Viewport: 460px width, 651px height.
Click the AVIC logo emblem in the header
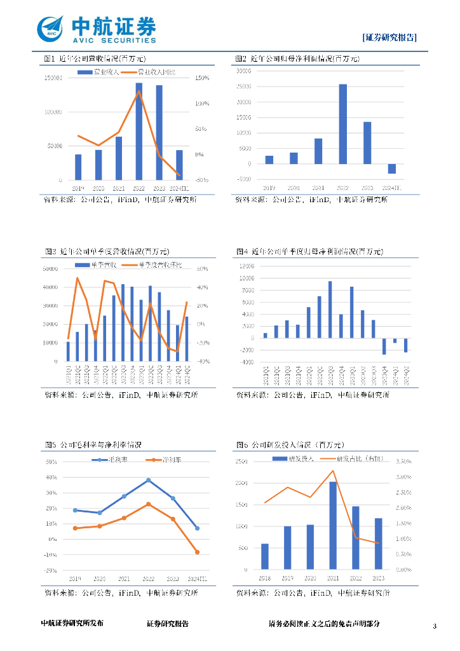point(51,29)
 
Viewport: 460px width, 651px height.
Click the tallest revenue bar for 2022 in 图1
point(139,132)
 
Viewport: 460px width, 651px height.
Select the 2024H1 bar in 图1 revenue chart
point(179,165)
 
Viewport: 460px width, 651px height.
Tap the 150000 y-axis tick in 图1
point(52,78)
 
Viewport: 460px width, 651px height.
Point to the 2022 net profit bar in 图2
point(342,124)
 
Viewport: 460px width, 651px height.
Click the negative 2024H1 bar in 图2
point(392,168)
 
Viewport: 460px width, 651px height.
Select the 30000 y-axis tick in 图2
point(244,71)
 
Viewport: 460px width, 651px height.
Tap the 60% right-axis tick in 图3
point(203,269)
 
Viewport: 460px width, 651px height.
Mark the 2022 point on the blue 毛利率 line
point(148,480)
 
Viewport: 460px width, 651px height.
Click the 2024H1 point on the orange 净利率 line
point(197,552)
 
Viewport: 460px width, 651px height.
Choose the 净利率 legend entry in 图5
point(165,460)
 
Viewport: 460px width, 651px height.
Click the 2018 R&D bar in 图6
point(264,557)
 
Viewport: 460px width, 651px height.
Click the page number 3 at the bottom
point(435,627)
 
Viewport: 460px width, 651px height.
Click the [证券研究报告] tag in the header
point(389,37)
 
